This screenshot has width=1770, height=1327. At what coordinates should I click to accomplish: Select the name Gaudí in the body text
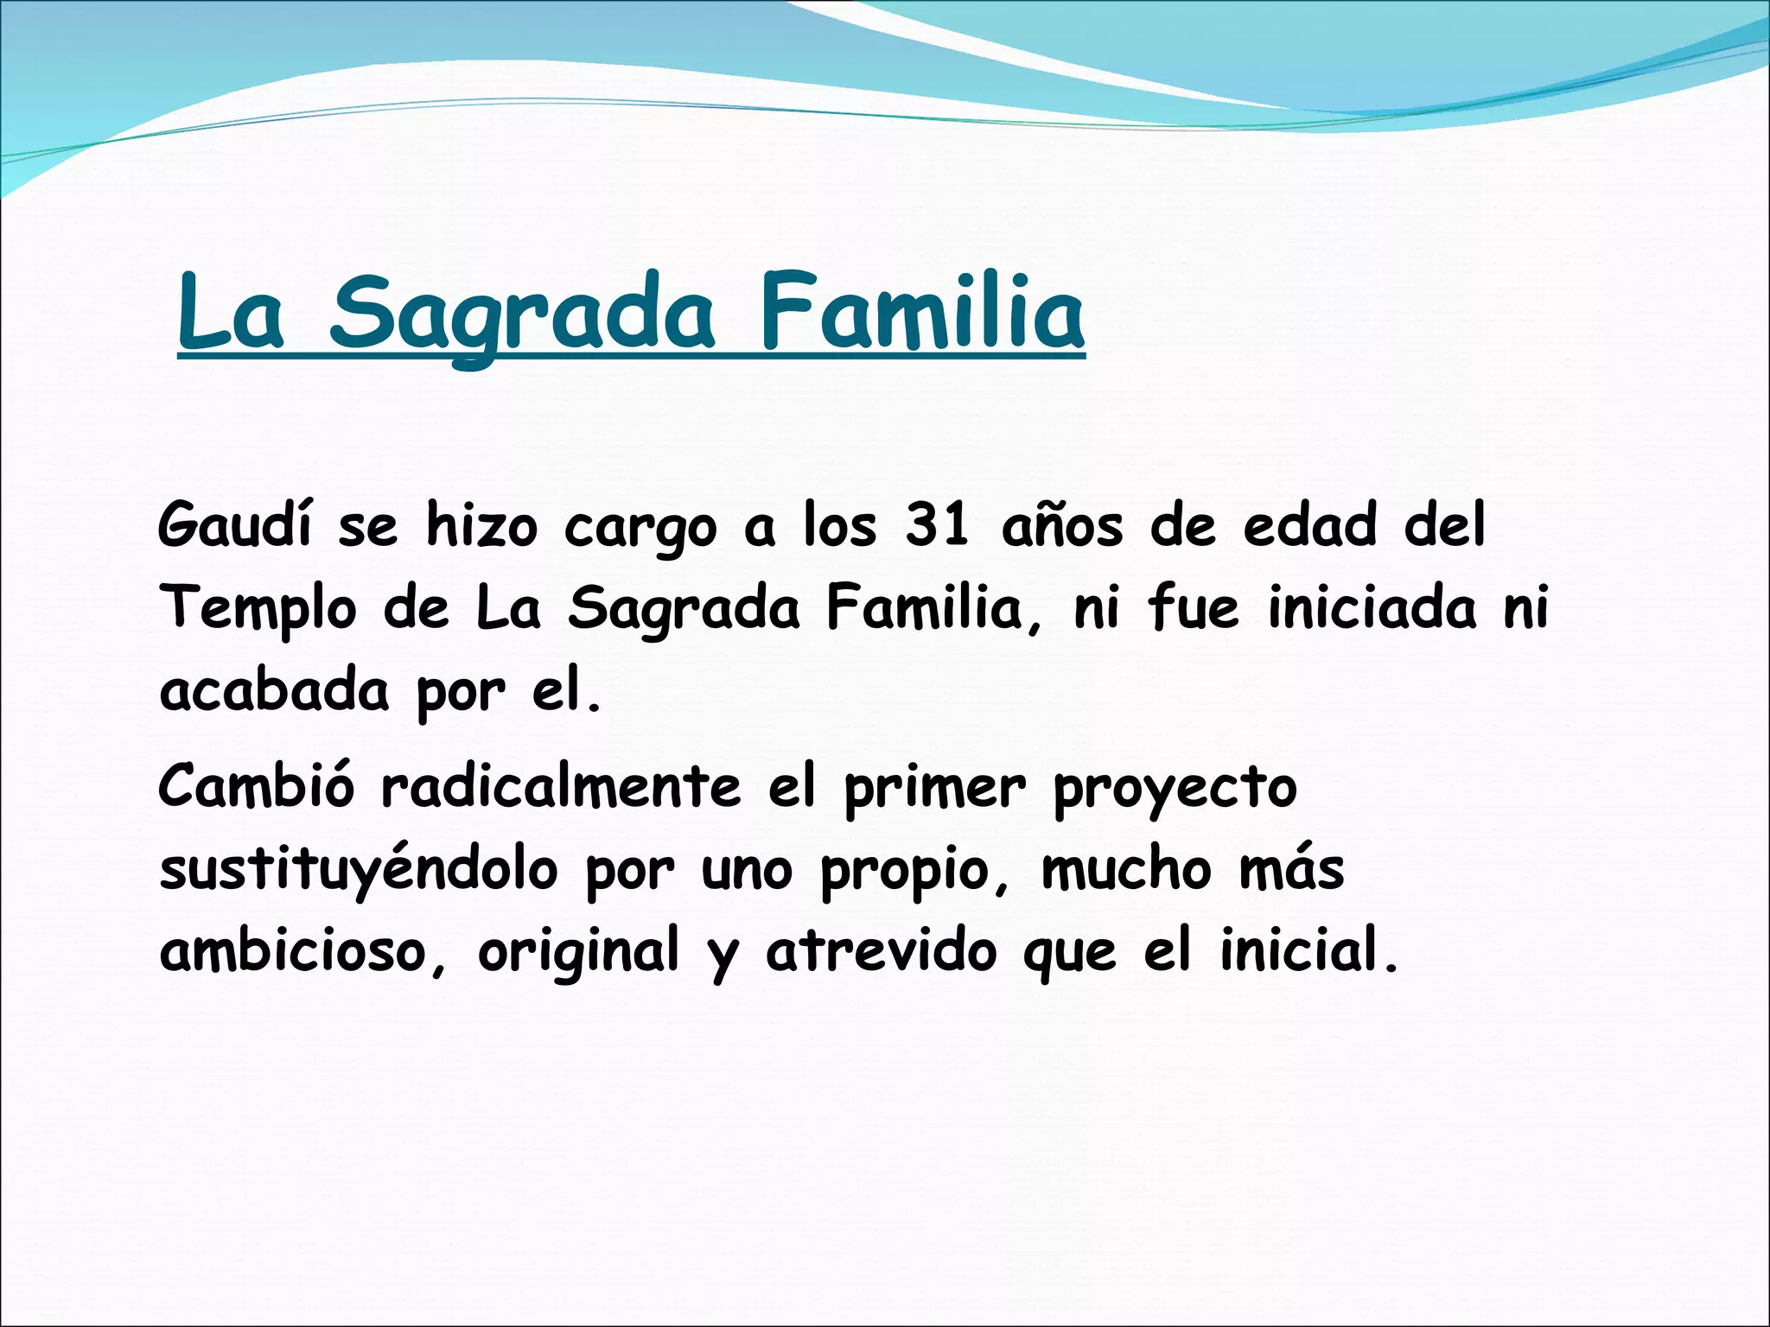point(233,525)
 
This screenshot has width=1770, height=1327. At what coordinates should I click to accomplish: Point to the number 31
point(937,525)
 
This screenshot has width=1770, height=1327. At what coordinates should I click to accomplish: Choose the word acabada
point(274,691)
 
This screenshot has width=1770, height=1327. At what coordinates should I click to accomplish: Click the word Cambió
point(256,786)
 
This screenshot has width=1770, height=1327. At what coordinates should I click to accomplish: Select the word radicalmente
point(561,786)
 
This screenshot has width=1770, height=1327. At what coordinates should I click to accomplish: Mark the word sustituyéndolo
point(359,871)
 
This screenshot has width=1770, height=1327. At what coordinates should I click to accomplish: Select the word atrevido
point(882,950)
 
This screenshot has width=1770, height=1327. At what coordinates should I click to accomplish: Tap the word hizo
point(481,525)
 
